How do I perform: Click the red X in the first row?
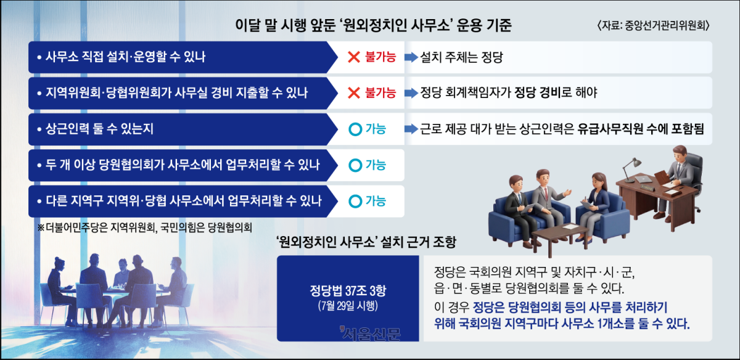tap(354, 57)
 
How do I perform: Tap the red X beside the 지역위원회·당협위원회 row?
tap(354, 93)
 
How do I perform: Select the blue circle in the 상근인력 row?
tap(355, 129)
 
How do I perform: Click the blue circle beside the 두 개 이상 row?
tap(355, 165)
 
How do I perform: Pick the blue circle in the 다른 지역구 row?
tap(355, 201)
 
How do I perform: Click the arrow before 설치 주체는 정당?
tap(411, 57)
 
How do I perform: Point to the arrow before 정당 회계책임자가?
tap(411, 93)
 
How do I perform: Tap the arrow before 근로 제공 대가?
tap(411, 129)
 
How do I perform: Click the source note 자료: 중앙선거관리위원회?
tap(654, 25)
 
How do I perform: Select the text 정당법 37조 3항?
tap(348, 290)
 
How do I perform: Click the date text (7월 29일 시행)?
tap(348, 306)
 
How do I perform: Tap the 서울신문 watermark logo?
tap(370, 333)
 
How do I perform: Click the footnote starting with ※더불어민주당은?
tap(145, 227)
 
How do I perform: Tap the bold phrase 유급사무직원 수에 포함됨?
tap(641, 129)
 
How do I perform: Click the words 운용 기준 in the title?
tap(484, 25)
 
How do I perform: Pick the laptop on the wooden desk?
tap(644, 179)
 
